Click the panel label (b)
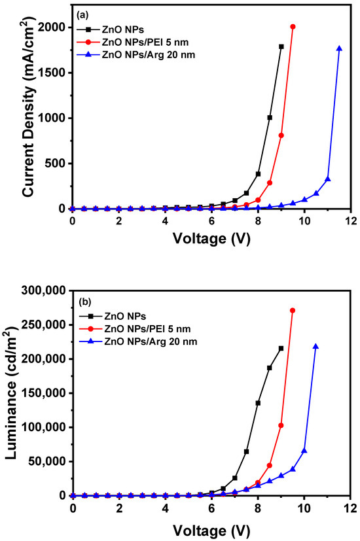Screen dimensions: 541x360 [83, 304]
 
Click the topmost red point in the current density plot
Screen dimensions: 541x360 [293, 27]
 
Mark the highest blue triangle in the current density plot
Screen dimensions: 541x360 [339, 48]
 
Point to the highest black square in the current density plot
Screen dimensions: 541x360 [281, 46]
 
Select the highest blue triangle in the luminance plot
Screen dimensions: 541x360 [315, 347]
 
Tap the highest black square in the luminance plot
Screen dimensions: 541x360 [281, 349]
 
